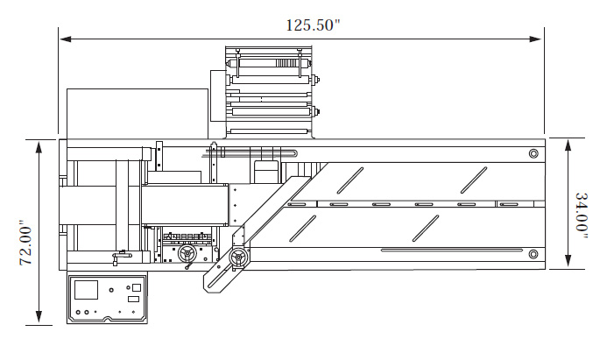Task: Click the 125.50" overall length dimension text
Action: click(x=313, y=25)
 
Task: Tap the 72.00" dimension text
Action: click(x=26, y=245)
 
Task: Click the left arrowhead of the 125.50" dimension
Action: click(x=65, y=39)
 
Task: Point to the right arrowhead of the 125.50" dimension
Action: click(x=536, y=39)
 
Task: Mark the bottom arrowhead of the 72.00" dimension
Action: click(x=39, y=316)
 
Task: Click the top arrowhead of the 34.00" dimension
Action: click(x=568, y=145)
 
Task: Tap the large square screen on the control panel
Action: click(x=86, y=290)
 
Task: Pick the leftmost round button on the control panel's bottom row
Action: click(x=78, y=312)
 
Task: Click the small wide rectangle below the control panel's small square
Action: click(x=133, y=300)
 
